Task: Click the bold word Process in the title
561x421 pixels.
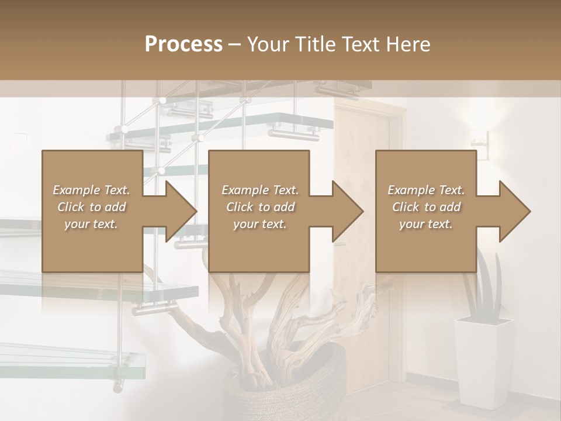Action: click(183, 44)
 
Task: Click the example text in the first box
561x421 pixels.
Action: click(91, 206)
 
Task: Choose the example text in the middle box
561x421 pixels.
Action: click(259, 206)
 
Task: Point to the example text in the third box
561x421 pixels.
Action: click(425, 206)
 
